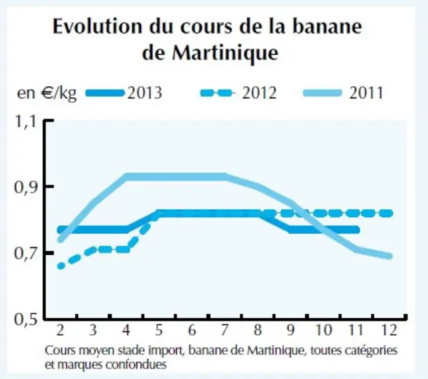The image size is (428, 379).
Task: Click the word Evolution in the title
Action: pos(97,26)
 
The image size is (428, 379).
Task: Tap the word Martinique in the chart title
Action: pos(225,53)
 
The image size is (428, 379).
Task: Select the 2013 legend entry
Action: pos(124,93)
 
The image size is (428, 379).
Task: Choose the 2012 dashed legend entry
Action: pos(238,93)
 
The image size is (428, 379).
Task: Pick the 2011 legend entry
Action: pos(344,93)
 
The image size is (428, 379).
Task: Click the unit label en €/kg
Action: pos(47,93)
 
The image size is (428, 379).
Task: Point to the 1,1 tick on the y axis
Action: pos(26,121)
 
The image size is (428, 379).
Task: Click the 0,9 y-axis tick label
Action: pos(25,188)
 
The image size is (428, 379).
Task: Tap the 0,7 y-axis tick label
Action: pos(25,254)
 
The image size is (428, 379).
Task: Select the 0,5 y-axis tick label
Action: pos(25,319)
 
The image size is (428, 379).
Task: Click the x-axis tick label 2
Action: pos(60,330)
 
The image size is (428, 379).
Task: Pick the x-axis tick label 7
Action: pos(225,330)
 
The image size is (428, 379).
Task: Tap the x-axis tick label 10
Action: pos(324,330)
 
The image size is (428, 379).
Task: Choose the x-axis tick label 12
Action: pos(389,330)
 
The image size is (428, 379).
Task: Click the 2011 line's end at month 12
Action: pos(390,256)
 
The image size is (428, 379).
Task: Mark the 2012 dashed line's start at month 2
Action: pos(61,266)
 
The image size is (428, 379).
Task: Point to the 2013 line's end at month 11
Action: pos(357,230)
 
